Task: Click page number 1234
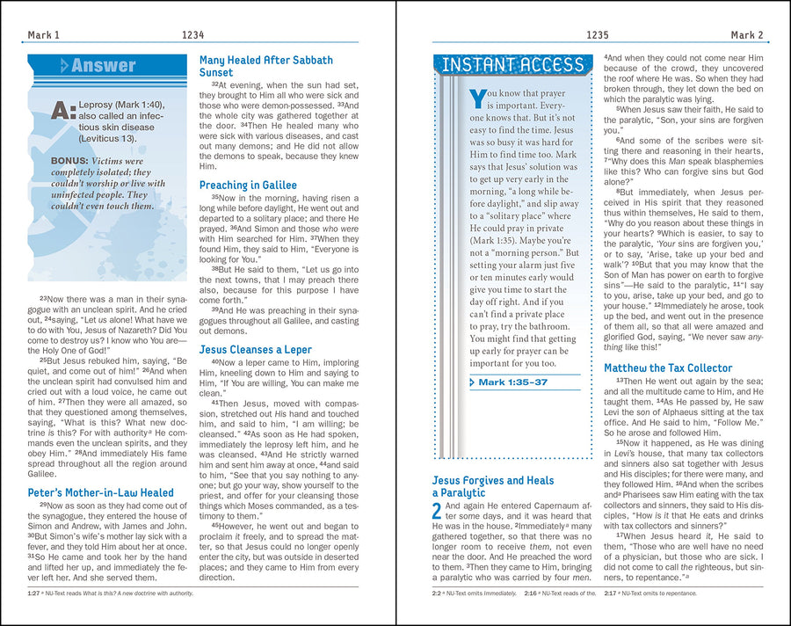(193, 35)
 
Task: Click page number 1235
(597, 35)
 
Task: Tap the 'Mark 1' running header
(44, 35)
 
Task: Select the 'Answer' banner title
(104, 66)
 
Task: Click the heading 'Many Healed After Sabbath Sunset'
(265, 66)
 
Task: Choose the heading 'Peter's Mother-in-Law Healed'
(100, 493)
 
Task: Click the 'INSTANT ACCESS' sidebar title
(512, 65)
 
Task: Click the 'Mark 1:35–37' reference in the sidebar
(514, 382)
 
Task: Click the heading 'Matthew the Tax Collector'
(667, 368)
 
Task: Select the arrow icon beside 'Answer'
(64, 66)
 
